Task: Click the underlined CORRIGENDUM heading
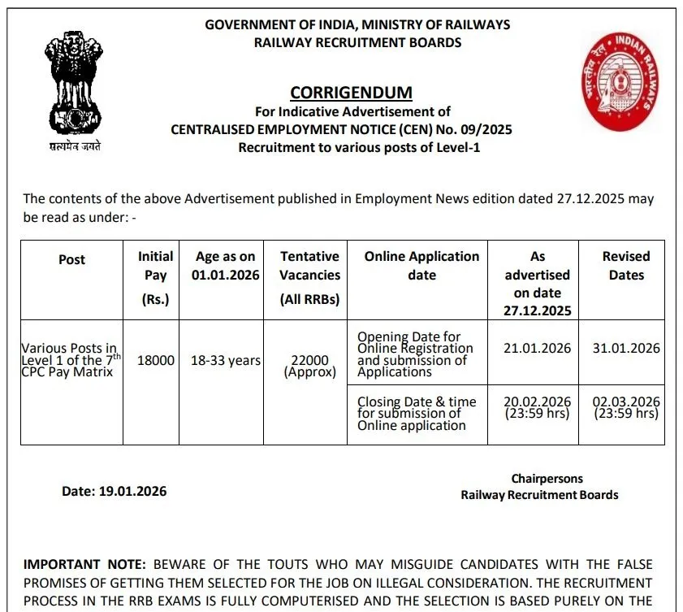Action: pyautogui.click(x=351, y=92)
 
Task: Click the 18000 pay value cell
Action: pyautogui.click(x=155, y=360)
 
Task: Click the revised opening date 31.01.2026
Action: pyautogui.click(x=626, y=348)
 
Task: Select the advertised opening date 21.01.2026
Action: pyautogui.click(x=537, y=348)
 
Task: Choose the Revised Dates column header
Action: pyautogui.click(x=626, y=266)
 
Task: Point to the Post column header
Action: pyautogui.click(x=71, y=259)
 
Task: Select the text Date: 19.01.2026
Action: pyautogui.click(x=114, y=491)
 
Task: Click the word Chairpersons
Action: pyautogui.click(x=547, y=479)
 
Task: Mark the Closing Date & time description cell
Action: pyautogui.click(x=417, y=413)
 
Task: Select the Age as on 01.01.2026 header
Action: pyautogui.click(x=225, y=266)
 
